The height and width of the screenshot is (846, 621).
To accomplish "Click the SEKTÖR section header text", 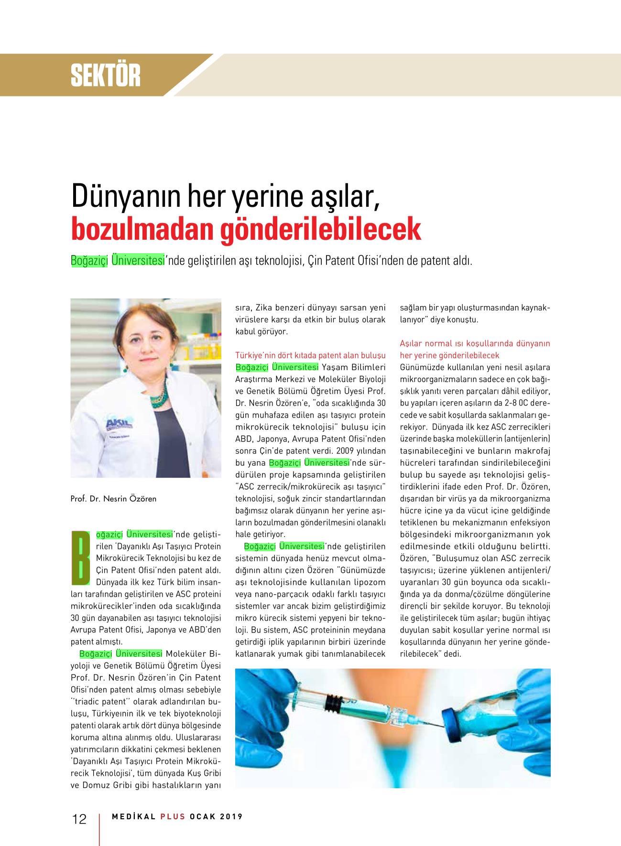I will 106,75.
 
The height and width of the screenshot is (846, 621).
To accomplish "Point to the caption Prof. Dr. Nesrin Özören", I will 113,499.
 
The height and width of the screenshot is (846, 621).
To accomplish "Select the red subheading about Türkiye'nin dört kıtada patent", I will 310,355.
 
